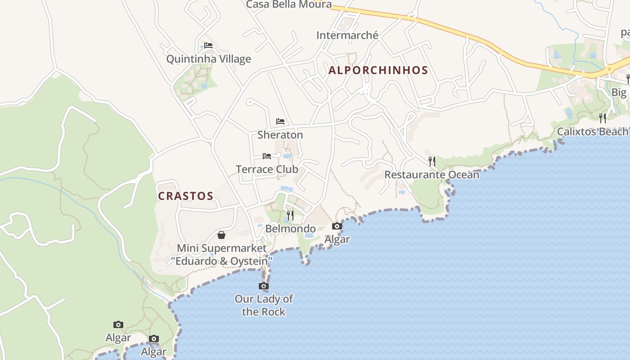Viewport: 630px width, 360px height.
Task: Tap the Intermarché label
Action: [x=347, y=35]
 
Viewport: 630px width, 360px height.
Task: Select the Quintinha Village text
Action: [x=208, y=59]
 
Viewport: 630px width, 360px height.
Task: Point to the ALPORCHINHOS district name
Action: [x=378, y=70]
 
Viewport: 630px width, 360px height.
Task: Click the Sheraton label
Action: [x=280, y=135]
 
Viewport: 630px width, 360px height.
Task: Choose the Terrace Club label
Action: [x=267, y=169]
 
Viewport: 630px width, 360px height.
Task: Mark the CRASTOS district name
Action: [x=185, y=196]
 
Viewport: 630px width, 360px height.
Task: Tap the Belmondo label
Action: [x=290, y=229]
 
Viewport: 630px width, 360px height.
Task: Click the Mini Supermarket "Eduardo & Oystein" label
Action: [x=221, y=254]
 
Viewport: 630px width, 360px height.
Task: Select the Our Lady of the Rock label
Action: [x=264, y=305]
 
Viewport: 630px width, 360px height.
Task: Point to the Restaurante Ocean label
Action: [x=432, y=175]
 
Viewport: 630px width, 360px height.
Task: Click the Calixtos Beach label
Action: [x=592, y=131]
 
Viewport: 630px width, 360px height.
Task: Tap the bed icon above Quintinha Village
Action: [x=208, y=45]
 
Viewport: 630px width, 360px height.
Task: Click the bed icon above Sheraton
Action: [x=280, y=121]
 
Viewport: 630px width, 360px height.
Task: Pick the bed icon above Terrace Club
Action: [x=267, y=156]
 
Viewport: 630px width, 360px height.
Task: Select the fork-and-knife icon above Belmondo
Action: [x=290, y=216]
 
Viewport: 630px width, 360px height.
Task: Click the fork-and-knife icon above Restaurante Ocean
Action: [x=432, y=161]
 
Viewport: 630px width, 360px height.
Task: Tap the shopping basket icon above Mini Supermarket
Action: [x=221, y=235]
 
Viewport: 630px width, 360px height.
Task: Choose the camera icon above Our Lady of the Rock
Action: [x=264, y=286]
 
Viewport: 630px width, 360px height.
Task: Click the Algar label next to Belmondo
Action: [x=337, y=239]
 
